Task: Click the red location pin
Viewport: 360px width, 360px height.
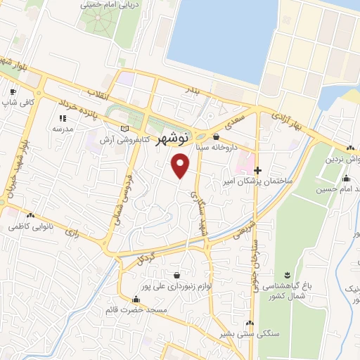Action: tap(181, 166)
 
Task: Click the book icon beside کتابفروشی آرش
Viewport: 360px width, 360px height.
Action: tap(125, 129)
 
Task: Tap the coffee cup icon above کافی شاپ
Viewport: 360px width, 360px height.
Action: tap(12, 92)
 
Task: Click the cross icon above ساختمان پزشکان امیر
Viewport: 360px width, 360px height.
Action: tap(257, 170)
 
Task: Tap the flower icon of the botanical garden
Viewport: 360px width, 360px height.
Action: tap(286, 274)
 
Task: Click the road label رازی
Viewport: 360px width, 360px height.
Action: tap(71, 231)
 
